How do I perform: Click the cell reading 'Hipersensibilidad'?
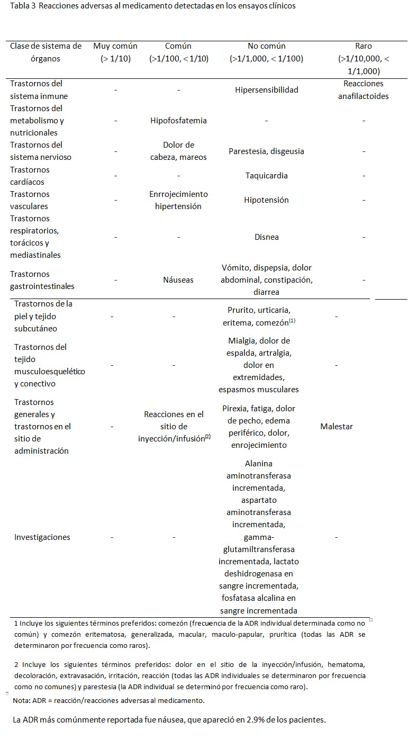click(266, 90)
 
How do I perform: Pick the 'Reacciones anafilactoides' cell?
click(364, 90)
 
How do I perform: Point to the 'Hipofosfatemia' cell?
click(178, 121)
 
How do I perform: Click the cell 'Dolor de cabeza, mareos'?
click(178, 151)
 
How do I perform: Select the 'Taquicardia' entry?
click(266, 176)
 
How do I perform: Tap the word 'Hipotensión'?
click(266, 200)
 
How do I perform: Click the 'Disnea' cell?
click(266, 237)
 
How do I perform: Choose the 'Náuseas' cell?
click(178, 280)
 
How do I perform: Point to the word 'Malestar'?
click(336, 427)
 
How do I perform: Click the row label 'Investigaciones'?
click(42, 537)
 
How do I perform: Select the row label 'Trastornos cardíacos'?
click(30, 176)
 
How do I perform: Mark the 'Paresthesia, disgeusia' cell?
click(266, 151)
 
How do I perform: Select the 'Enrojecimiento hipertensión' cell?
click(178, 200)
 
